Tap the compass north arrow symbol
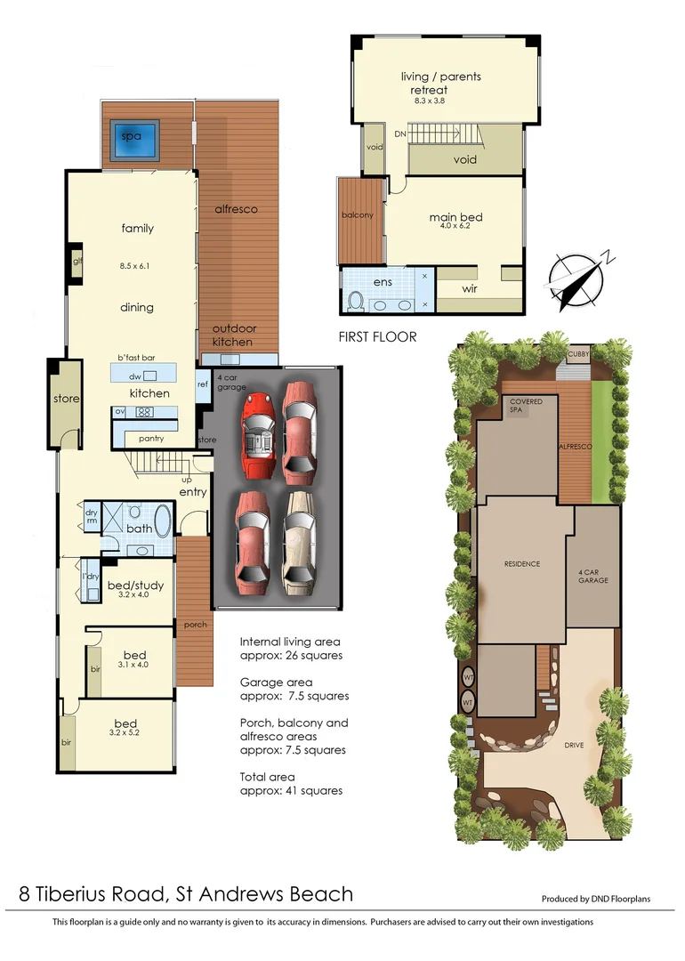[x=576, y=279]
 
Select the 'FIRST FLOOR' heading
[x=377, y=337]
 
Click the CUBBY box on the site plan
[x=583, y=354]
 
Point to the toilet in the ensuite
[x=354, y=299]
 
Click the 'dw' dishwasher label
[x=136, y=376]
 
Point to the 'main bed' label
[x=455, y=216]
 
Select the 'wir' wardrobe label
[x=471, y=289]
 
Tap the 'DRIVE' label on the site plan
[x=574, y=745]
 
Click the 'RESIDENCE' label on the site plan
[x=522, y=564]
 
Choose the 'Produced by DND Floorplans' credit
[x=596, y=899]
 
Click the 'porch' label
[x=195, y=625]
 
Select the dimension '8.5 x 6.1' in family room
[x=137, y=265]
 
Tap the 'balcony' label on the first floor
[x=358, y=215]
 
